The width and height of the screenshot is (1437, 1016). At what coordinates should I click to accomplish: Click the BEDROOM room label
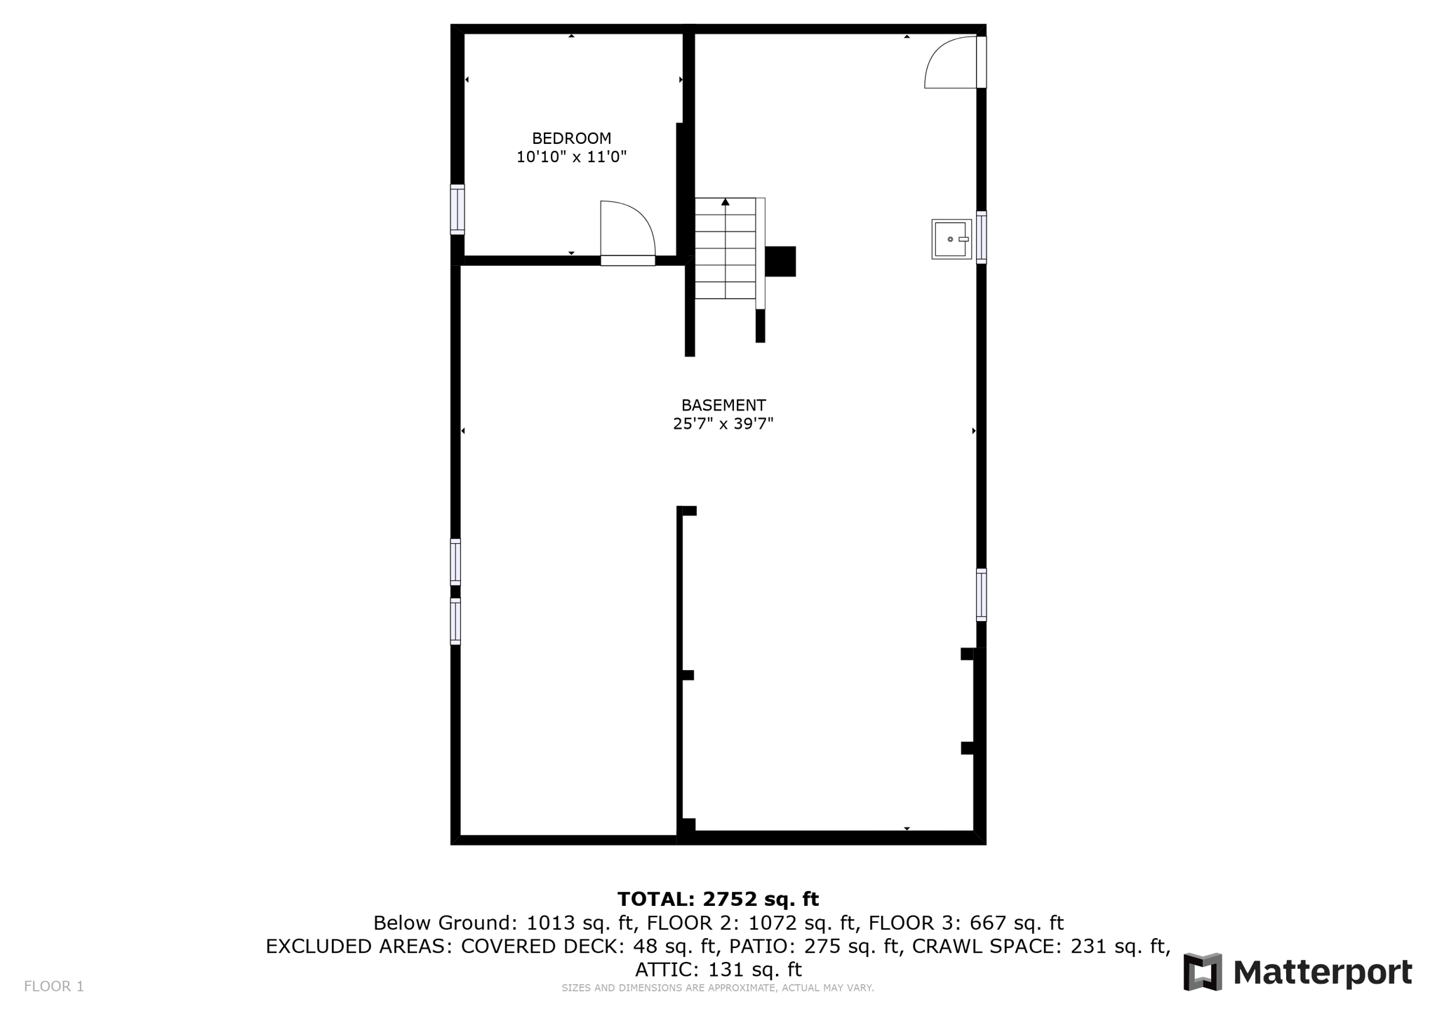tap(571, 138)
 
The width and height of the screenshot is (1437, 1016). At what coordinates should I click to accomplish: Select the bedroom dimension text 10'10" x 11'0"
tap(571, 156)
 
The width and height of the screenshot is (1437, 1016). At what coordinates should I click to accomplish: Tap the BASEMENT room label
tap(723, 405)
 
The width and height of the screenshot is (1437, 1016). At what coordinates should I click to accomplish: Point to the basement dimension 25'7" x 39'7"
tap(723, 424)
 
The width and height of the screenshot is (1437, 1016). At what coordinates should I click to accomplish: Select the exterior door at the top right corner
tap(954, 63)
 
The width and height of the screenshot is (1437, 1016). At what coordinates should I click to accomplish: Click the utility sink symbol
tap(951, 239)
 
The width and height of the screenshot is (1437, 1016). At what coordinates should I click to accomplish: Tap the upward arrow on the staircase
tap(726, 203)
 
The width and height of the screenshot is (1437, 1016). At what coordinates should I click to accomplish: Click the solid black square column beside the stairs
tap(780, 261)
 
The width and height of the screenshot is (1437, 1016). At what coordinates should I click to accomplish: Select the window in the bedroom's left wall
tap(457, 209)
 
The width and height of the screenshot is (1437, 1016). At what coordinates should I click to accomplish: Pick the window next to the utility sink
tap(981, 237)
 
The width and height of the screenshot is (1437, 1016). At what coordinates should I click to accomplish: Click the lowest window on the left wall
tap(455, 621)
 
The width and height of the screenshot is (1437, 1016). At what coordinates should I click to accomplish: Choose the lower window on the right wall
tap(981, 594)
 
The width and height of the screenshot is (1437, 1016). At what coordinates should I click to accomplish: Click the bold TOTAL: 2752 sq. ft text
tap(718, 899)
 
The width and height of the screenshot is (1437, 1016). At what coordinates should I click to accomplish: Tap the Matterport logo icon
tap(1203, 972)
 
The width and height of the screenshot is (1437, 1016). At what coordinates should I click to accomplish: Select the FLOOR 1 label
tap(54, 987)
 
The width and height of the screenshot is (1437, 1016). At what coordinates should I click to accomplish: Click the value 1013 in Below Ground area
tap(550, 923)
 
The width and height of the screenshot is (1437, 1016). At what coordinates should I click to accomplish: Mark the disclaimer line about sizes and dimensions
tap(717, 988)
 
